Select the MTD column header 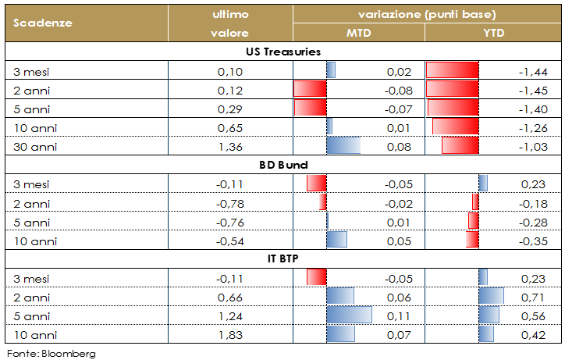[x=358, y=33]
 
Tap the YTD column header [x=493, y=33]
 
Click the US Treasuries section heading [x=283, y=52]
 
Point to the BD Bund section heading [x=283, y=166]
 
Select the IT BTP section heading [x=283, y=258]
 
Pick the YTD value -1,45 [x=534, y=90]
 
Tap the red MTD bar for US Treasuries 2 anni [x=310, y=89]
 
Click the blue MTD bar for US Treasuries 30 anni [x=343, y=146]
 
